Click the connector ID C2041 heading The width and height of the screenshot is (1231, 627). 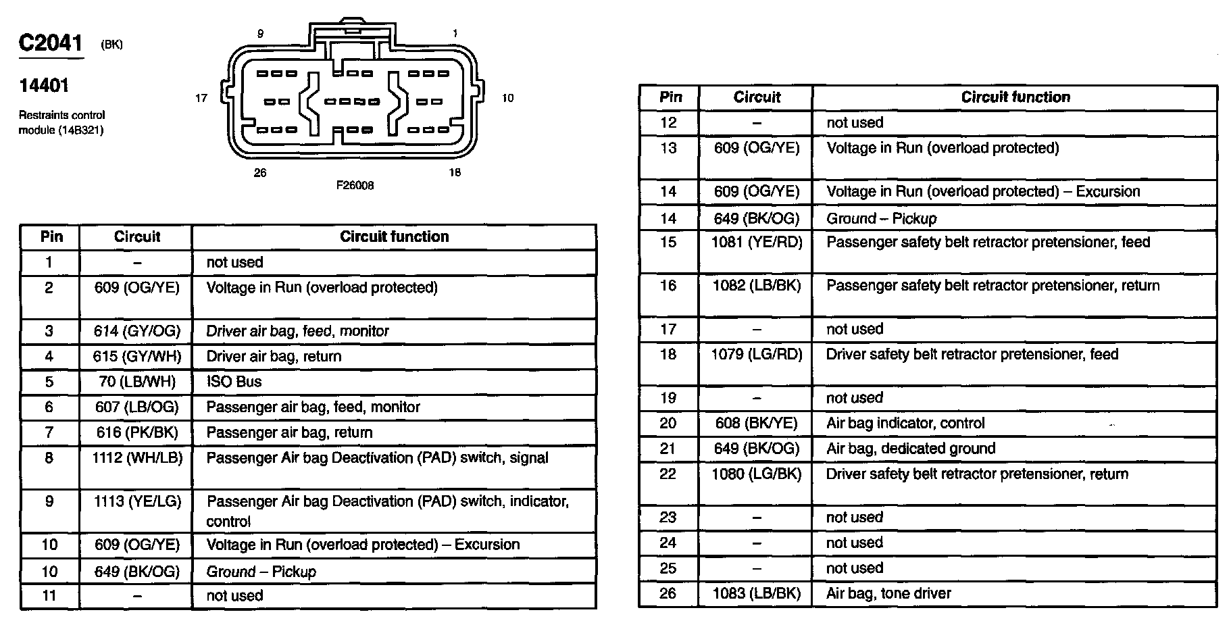51,43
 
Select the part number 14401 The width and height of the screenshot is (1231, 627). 43,86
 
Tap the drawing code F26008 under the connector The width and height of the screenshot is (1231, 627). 355,185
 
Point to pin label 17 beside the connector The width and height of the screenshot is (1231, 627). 201,98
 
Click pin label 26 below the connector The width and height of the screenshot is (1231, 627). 260,173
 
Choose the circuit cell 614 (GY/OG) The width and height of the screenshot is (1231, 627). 137,331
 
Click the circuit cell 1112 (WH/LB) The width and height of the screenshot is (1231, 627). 137,458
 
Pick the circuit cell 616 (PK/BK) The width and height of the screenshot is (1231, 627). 137,432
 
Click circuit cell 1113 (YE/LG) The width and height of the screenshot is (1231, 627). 137,501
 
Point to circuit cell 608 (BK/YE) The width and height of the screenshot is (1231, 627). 757,424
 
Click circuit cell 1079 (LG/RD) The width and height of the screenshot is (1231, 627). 757,355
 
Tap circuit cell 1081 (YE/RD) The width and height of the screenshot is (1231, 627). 757,243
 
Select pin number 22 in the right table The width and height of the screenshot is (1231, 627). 668,474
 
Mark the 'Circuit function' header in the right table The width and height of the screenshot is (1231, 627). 1015,97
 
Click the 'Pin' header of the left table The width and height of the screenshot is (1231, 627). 51,236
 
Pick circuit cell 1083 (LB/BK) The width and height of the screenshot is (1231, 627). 757,594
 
